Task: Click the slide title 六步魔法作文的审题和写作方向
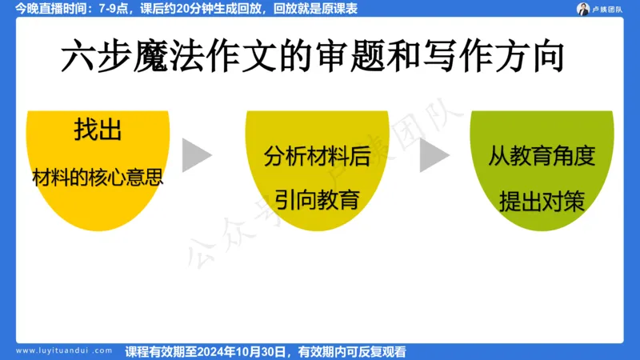click(313, 58)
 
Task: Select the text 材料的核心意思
click(98, 178)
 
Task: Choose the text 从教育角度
click(542, 156)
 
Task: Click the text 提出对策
click(542, 200)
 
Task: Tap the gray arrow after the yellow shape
click(196, 155)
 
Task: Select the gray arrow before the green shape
click(434, 155)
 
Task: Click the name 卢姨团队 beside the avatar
click(612, 10)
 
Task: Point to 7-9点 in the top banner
click(110, 9)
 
